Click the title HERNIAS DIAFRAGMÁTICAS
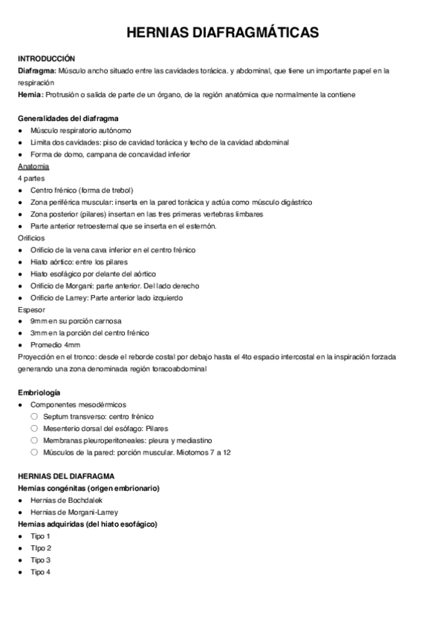coord(222,33)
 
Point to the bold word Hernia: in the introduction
coord(31,95)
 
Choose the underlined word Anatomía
coord(33,167)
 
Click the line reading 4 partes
coord(31,179)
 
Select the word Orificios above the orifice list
coord(31,238)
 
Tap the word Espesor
coord(31,309)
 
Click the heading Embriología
coord(39,392)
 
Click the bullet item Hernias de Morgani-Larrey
coord(74,512)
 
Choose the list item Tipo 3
coord(40,560)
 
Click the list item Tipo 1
coord(40,536)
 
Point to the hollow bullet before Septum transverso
coord(34,416)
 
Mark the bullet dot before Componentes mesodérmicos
coord(21,404)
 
